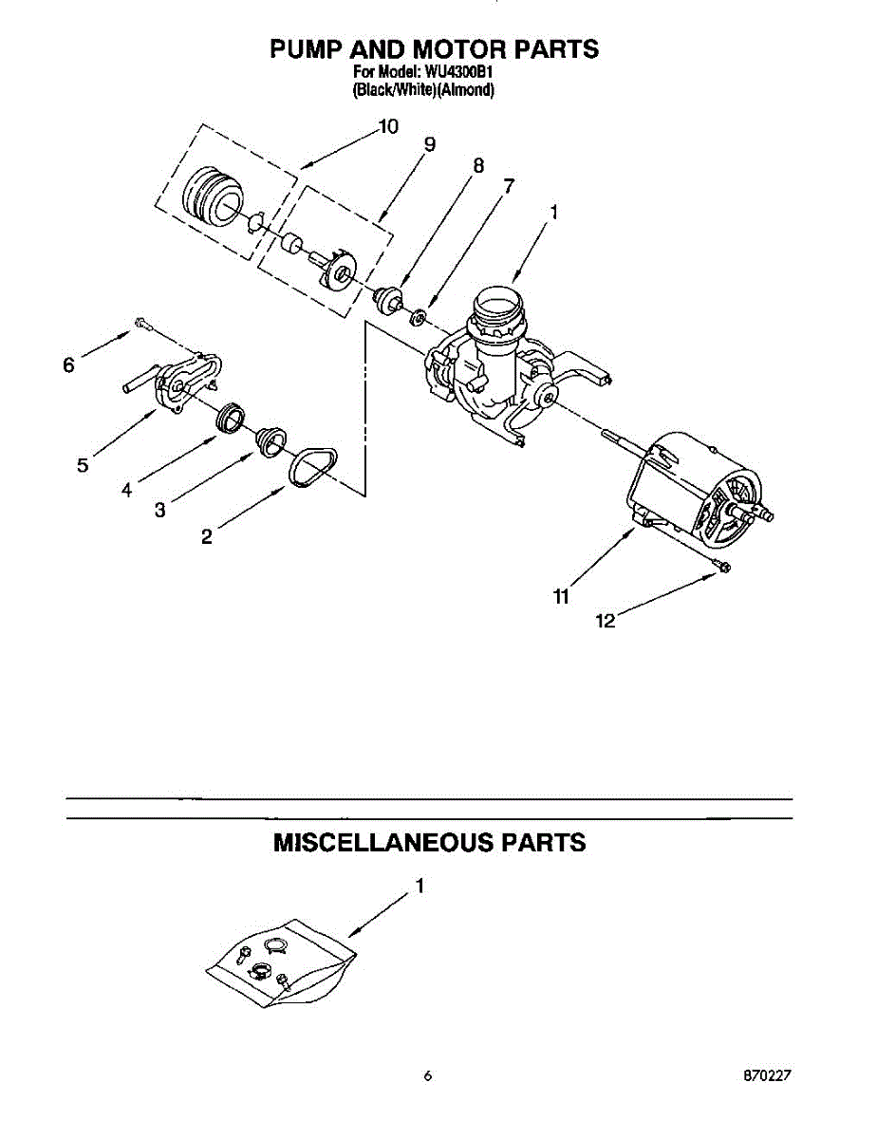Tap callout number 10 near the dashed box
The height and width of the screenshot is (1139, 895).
pyautogui.click(x=388, y=126)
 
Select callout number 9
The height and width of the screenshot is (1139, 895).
pyautogui.click(x=430, y=144)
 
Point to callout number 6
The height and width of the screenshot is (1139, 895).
pyautogui.click(x=68, y=364)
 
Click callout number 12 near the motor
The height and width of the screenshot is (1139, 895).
pyautogui.click(x=605, y=621)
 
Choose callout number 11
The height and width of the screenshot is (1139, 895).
pyautogui.click(x=561, y=596)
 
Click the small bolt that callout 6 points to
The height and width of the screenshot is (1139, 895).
pyautogui.click(x=141, y=325)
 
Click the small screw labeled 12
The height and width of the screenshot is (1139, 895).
pyautogui.click(x=718, y=567)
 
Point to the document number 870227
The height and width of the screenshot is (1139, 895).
pyautogui.click(x=767, y=1076)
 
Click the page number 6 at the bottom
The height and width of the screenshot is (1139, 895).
pyautogui.click(x=428, y=1076)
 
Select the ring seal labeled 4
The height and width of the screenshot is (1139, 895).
pyautogui.click(x=231, y=419)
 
